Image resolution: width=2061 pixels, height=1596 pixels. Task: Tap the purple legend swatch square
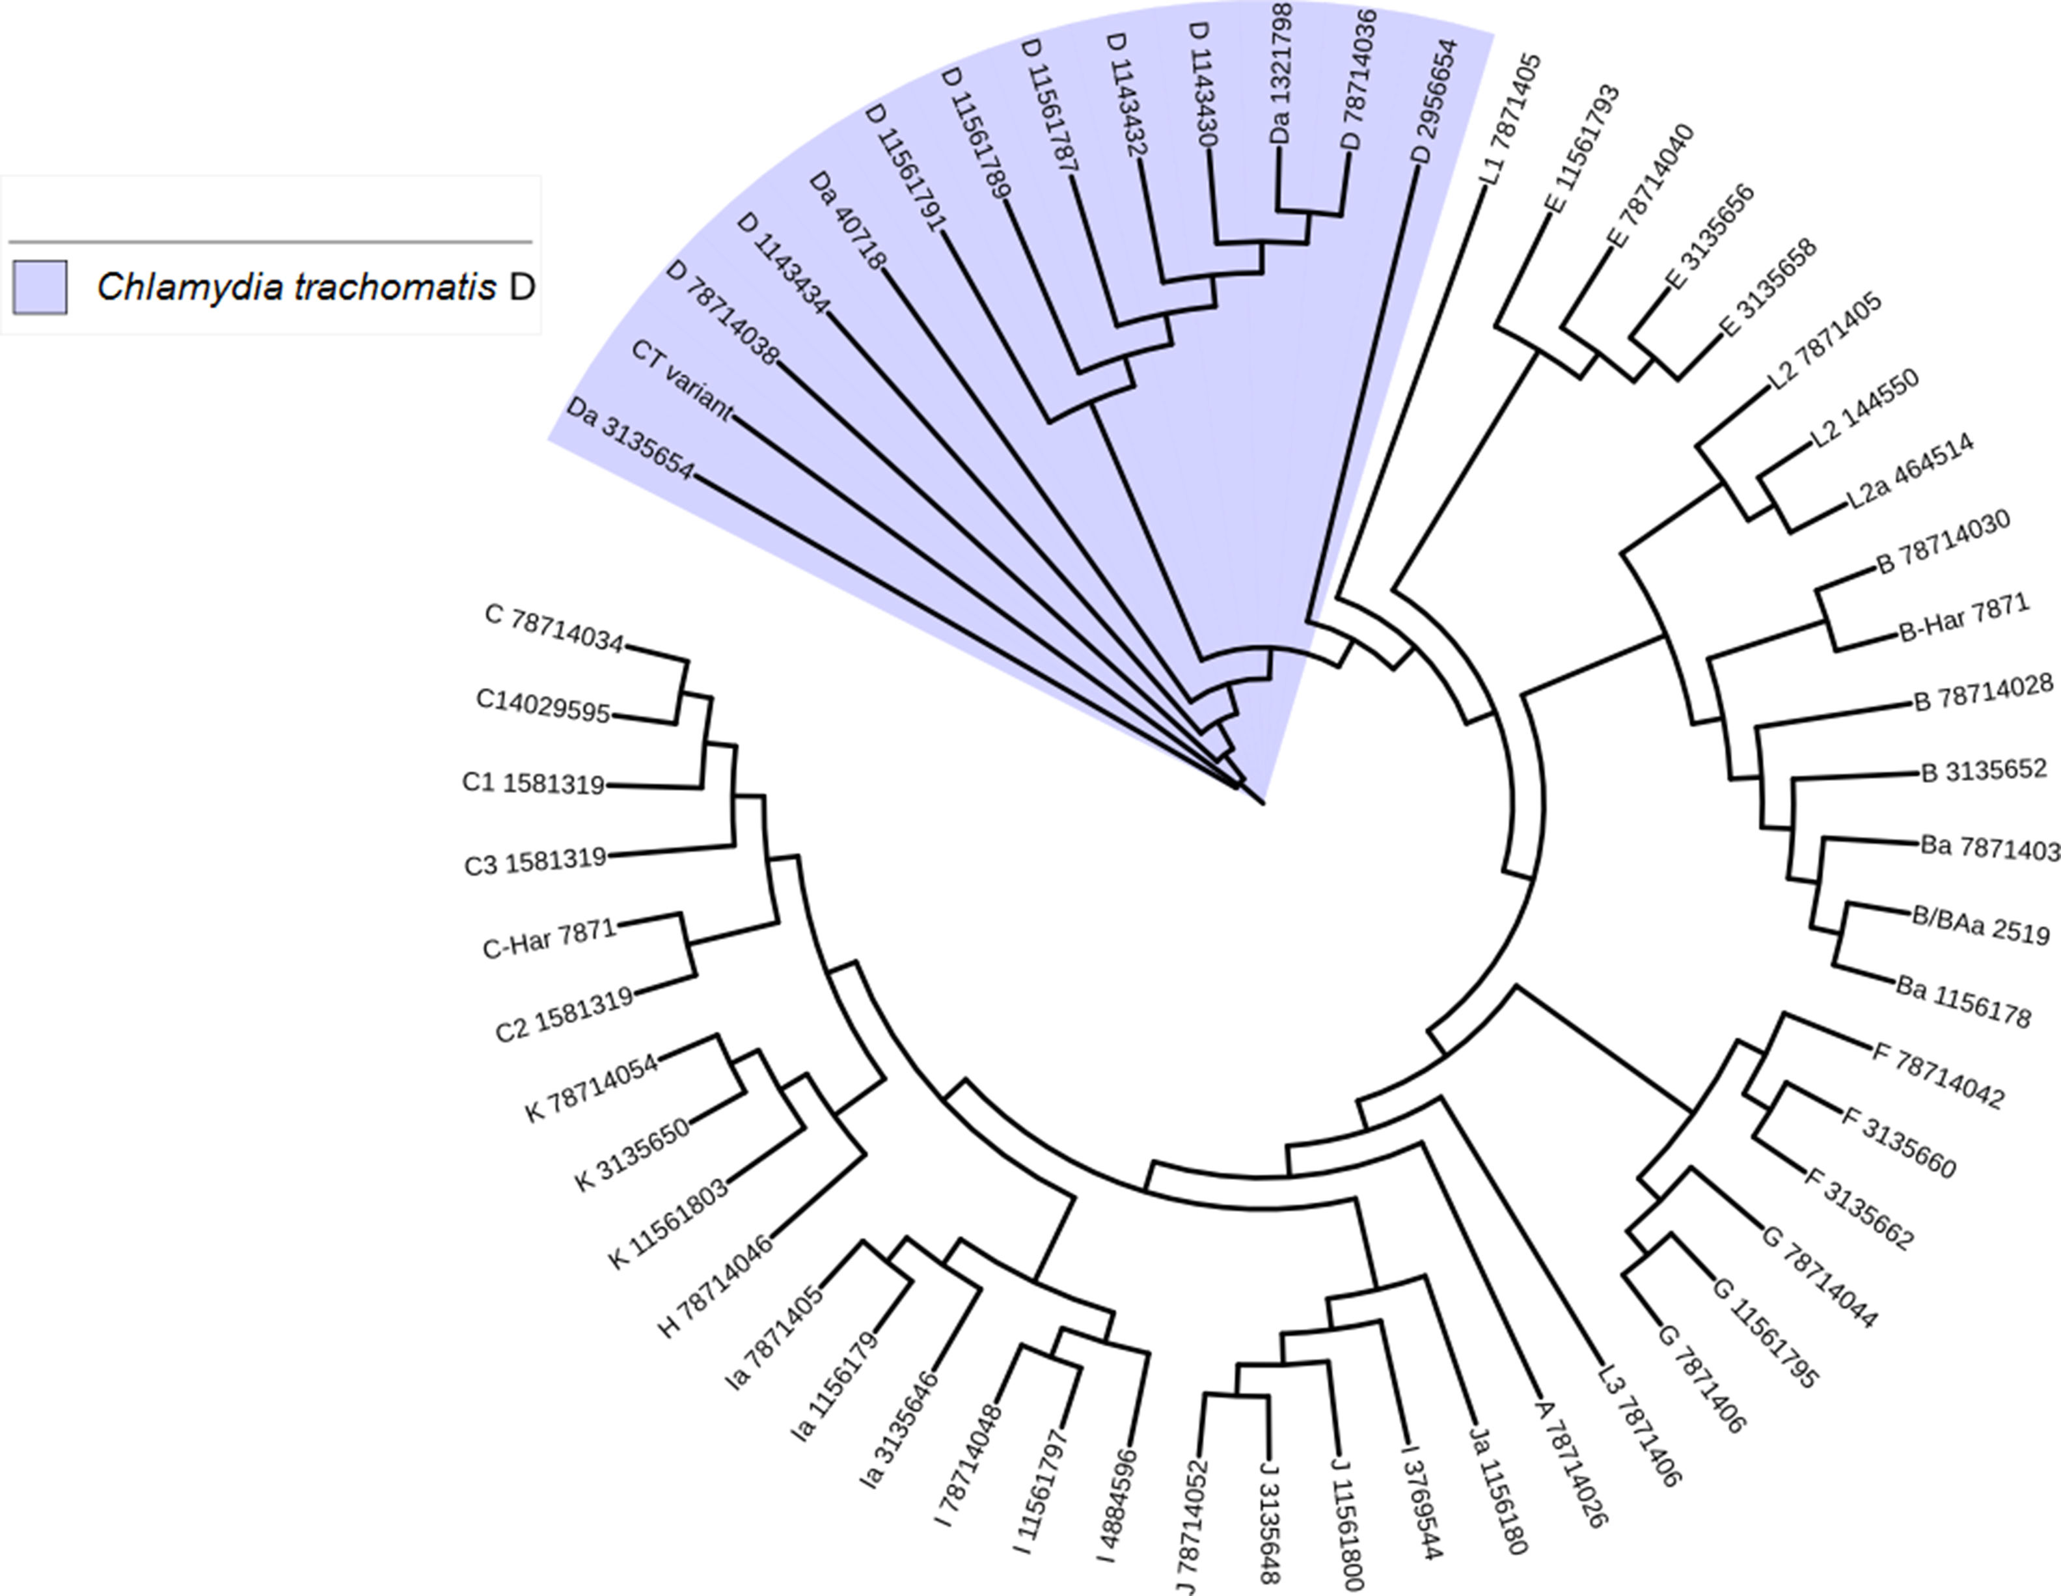40,287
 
